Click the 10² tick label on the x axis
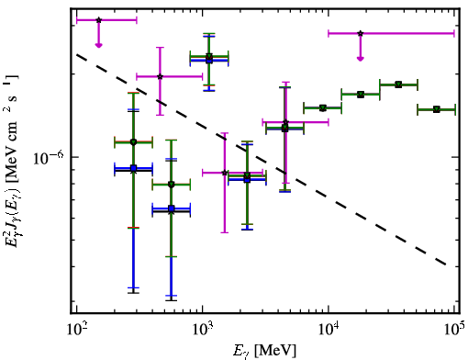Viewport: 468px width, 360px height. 76,331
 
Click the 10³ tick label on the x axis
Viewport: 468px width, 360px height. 203,331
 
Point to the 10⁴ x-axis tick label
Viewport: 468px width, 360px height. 329,331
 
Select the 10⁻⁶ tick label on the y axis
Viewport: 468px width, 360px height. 49,157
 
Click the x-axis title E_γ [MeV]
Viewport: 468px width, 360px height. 264,351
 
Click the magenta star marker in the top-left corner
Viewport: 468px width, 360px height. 98,20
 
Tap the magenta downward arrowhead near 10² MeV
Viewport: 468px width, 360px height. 98,45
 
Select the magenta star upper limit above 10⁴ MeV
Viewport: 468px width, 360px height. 361,33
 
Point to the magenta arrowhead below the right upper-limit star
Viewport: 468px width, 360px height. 361,59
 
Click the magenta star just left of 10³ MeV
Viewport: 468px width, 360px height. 160,76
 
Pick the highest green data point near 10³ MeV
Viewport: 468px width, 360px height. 209,56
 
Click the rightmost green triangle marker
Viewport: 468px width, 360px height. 437,109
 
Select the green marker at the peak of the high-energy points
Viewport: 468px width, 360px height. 398,84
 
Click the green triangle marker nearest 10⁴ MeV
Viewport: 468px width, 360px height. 323,107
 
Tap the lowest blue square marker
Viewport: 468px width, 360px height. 172,208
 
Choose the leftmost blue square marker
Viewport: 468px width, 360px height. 133,168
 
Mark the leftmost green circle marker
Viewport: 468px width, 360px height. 133,142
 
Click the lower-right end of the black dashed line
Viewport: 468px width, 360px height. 447,264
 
